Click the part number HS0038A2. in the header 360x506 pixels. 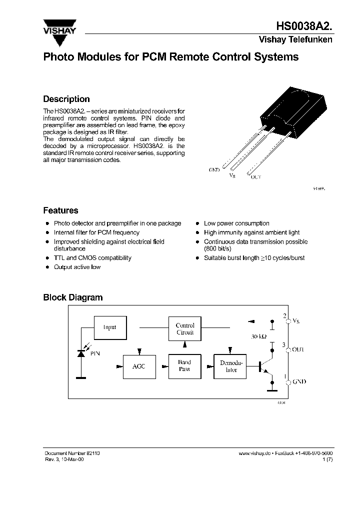click(x=304, y=27)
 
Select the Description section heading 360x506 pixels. click(x=66, y=99)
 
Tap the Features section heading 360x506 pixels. click(x=60, y=210)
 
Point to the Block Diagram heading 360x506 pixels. click(x=72, y=297)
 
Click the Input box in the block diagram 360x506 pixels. click(x=109, y=327)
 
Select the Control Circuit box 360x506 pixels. click(x=185, y=328)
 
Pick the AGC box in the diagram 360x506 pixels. click(x=139, y=366)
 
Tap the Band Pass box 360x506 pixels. click(x=184, y=365)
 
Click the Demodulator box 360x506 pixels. click(x=230, y=366)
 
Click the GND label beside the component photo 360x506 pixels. click(x=214, y=170)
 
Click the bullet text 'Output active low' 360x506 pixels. click(x=77, y=267)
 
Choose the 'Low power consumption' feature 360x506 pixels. click(x=236, y=223)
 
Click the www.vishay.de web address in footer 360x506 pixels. click(x=254, y=452)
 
